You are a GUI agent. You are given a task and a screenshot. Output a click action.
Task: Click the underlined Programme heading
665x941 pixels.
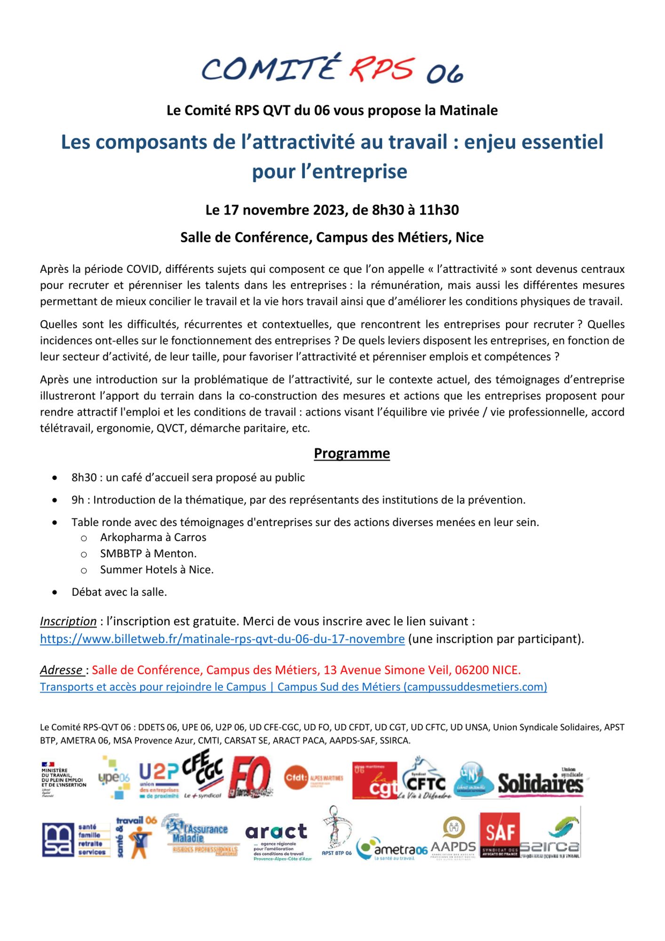coord(352,453)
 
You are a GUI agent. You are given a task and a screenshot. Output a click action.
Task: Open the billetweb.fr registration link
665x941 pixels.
coord(222,639)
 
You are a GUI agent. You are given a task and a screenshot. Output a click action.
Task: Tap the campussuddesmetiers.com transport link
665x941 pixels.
coord(293,686)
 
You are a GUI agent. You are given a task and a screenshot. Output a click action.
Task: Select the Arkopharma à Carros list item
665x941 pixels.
coord(153,537)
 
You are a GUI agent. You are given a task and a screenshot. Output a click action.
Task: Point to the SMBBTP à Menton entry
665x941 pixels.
coord(148,553)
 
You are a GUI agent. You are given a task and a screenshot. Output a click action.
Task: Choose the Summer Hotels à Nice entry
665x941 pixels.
coord(157,570)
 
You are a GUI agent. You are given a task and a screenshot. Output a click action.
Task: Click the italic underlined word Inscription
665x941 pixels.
coord(68,621)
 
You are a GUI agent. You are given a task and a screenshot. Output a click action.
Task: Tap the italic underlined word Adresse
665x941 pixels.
coord(61,670)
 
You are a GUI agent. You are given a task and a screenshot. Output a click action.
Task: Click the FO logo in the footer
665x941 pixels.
coord(251,781)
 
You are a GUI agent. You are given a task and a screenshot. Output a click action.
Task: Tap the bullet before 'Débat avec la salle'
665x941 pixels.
coord(55,592)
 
